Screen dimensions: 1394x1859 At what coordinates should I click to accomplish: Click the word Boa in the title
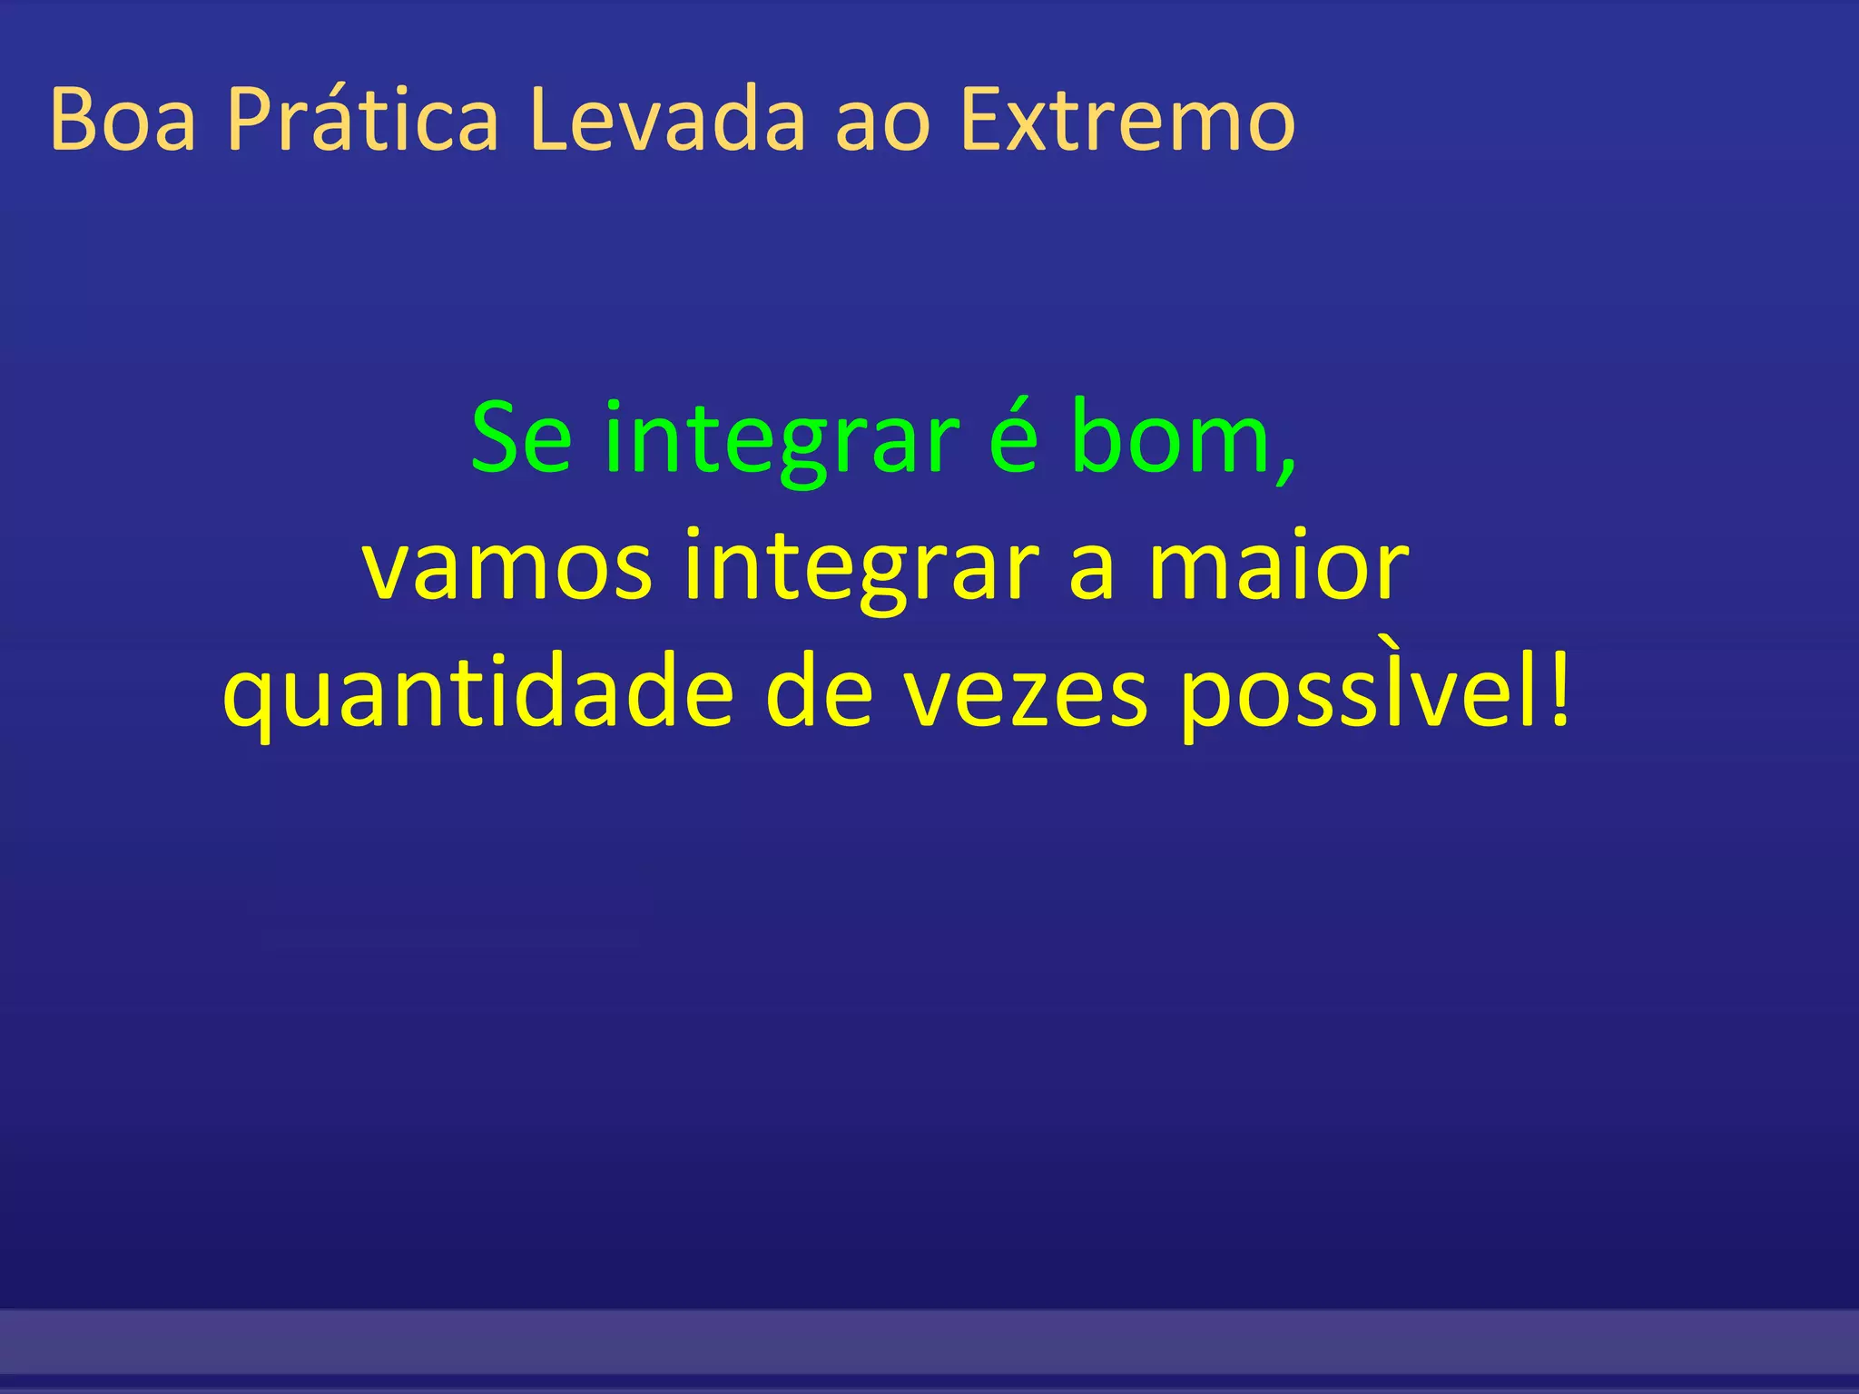coord(123,120)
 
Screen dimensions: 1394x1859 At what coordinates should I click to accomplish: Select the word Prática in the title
coord(362,120)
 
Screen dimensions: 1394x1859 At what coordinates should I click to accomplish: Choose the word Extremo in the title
coord(1127,120)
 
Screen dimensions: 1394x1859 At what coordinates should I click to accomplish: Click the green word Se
coord(522,440)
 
